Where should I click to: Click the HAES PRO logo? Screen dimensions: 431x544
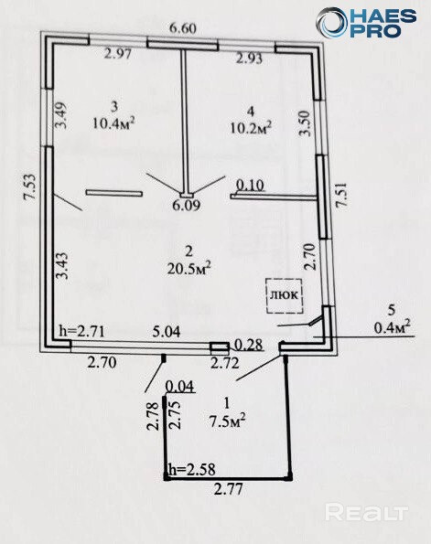[x=366, y=22]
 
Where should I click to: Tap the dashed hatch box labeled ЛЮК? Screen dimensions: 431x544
[x=285, y=295]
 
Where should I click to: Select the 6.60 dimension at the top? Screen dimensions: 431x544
[x=183, y=28]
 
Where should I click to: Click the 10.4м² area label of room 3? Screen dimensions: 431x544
[x=113, y=123]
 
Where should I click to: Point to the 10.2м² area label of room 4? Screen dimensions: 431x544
[x=251, y=127]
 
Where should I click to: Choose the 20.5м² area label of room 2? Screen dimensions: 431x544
[x=189, y=268]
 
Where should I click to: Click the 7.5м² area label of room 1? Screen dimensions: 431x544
[x=228, y=421]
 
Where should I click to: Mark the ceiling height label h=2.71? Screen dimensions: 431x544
[x=82, y=331]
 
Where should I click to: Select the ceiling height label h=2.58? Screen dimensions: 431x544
[x=192, y=469]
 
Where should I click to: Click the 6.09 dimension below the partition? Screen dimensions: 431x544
[x=187, y=206]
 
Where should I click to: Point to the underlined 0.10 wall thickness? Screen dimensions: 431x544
[x=250, y=185]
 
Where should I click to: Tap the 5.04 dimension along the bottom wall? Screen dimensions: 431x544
[x=167, y=332]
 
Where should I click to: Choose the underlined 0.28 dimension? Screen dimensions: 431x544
[x=249, y=345]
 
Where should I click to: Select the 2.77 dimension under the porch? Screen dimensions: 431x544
[x=228, y=490]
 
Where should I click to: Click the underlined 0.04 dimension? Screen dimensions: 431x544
[x=180, y=387]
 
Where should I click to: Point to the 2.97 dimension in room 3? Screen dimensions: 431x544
[x=118, y=54]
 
